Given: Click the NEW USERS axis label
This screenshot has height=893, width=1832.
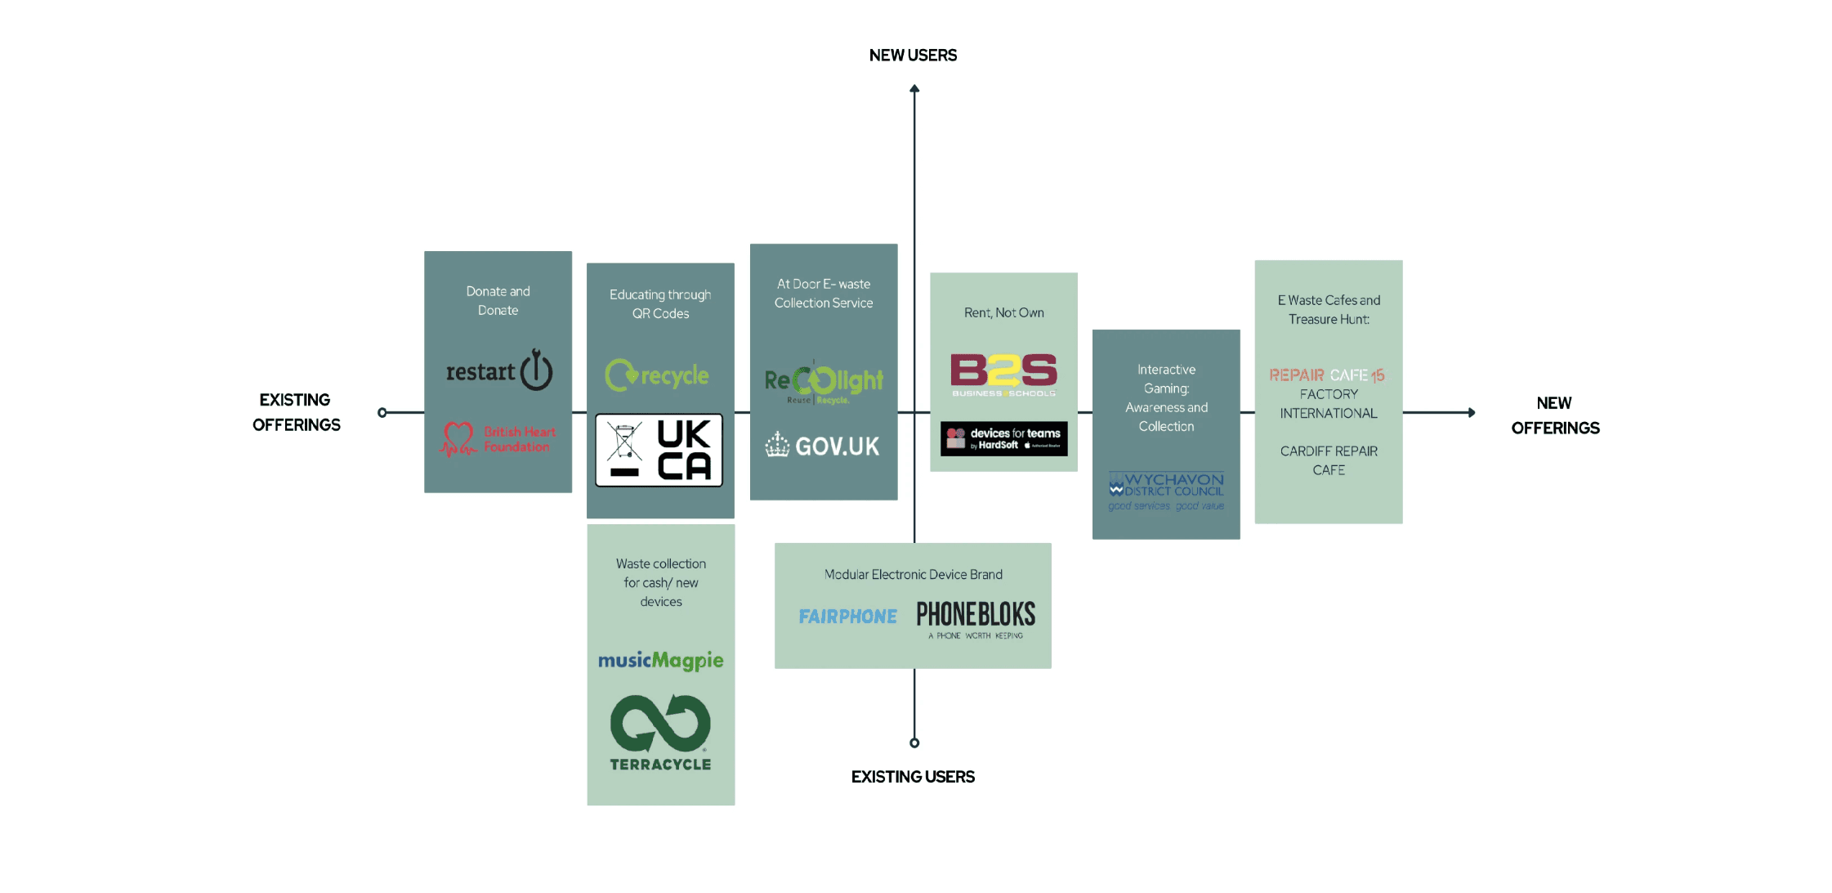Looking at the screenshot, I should (x=913, y=56).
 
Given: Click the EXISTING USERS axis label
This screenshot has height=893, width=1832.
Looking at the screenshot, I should (x=913, y=777).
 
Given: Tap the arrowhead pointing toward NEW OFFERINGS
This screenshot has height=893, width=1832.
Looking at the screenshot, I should (x=1471, y=413).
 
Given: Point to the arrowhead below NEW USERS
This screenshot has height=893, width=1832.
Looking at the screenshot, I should (x=914, y=89).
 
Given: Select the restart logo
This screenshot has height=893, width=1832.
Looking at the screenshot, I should (x=498, y=370).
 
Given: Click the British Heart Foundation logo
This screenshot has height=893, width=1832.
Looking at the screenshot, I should (x=498, y=439).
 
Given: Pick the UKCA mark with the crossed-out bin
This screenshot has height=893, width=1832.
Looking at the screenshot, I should (x=659, y=451).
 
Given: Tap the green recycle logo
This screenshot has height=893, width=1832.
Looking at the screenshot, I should (x=657, y=375).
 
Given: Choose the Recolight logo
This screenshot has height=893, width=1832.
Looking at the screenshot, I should (x=824, y=382).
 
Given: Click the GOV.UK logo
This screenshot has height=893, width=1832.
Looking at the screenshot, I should (x=823, y=446).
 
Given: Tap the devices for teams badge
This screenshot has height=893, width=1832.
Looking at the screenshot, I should (x=1003, y=438).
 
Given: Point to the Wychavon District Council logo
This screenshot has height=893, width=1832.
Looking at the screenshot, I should (x=1166, y=491).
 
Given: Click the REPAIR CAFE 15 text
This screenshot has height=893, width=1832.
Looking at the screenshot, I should (x=1326, y=375).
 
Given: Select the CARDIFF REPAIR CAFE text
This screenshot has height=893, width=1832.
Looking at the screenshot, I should (x=1329, y=460).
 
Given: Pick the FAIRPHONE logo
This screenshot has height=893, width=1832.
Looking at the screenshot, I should (x=847, y=617).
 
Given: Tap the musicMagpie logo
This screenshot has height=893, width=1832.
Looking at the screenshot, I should (x=660, y=660).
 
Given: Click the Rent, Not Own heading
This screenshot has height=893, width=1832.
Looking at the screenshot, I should (x=1003, y=313).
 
